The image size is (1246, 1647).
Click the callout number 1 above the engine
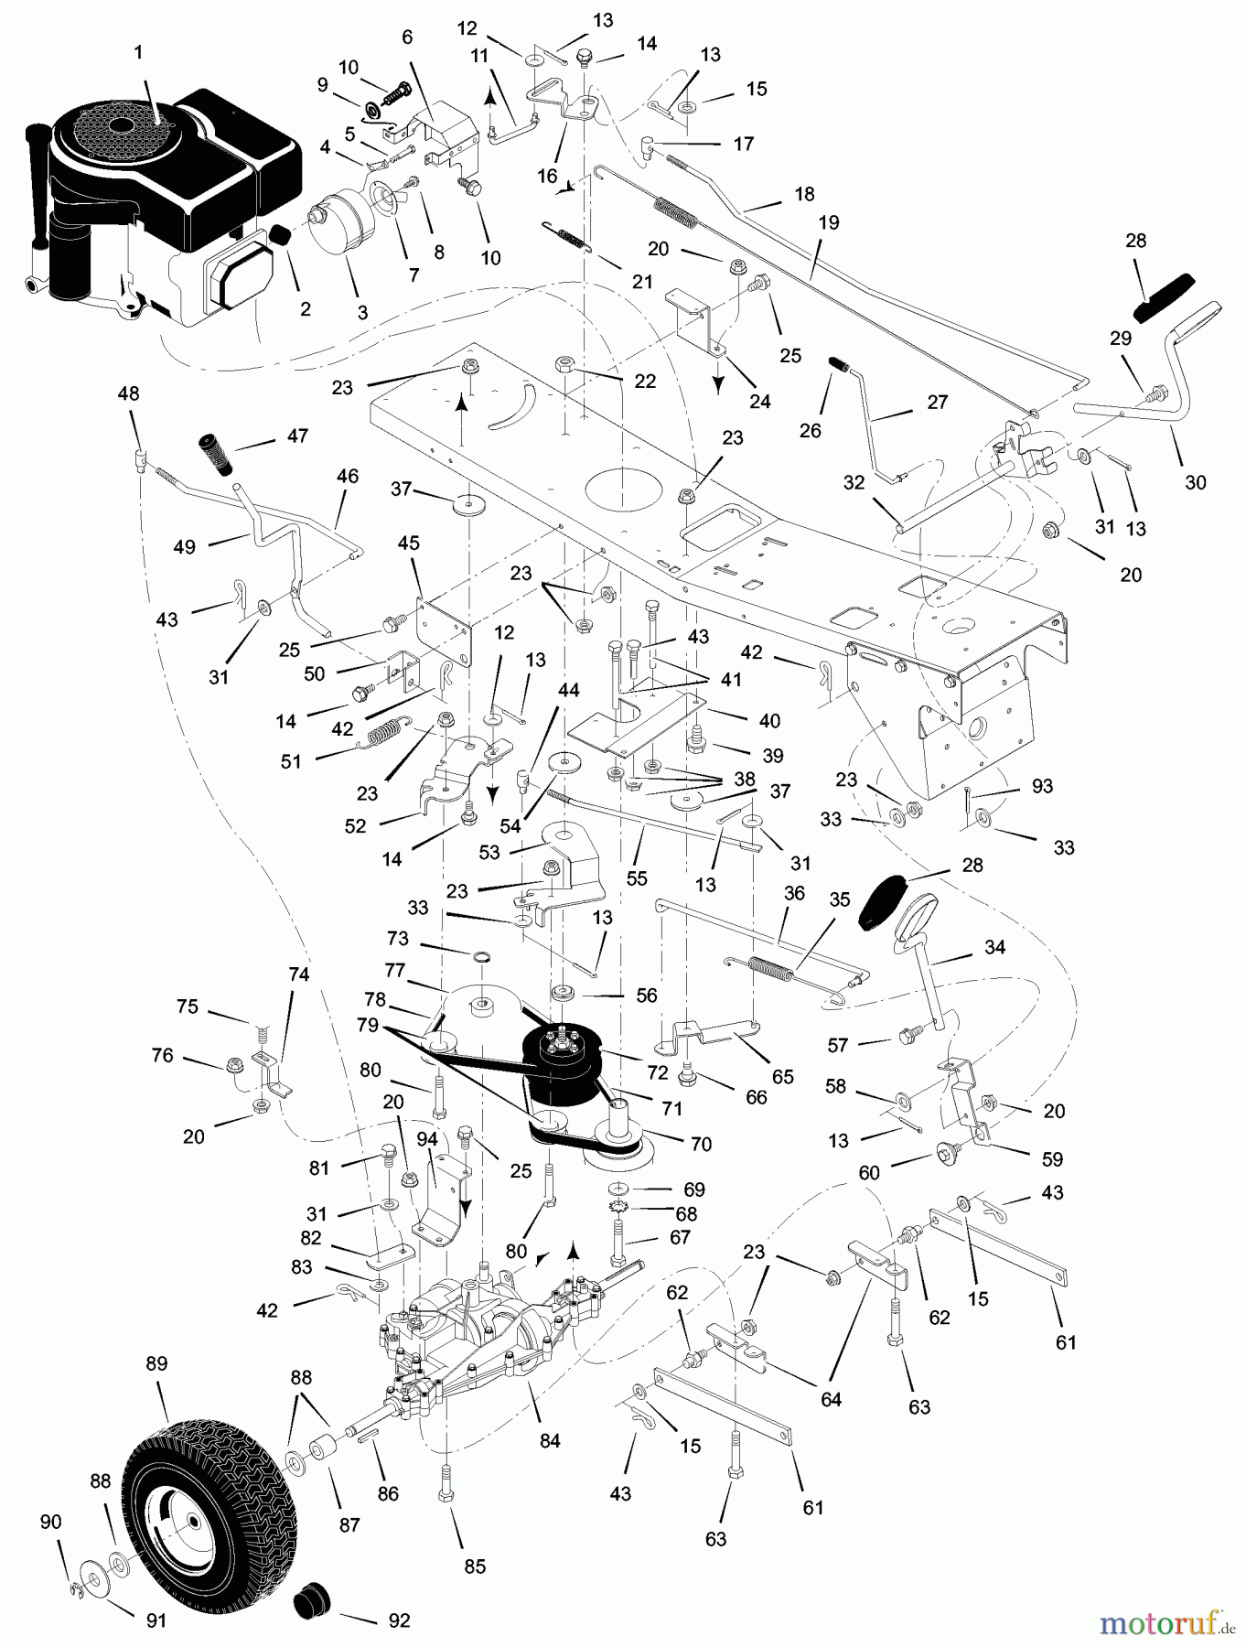[x=138, y=53]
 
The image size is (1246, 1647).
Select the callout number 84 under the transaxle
[x=549, y=1441]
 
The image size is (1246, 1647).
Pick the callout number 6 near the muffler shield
[x=407, y=37]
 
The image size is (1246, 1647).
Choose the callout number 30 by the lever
[x=1195, y=482]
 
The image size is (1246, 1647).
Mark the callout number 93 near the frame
[x=1041, y=785]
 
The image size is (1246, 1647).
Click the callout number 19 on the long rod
[x=829, y=222]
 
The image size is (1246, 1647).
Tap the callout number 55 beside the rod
[x=637, y=877]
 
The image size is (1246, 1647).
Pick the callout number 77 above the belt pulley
[x=420, y=969]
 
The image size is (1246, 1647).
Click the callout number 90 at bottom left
[x=50, y=1522]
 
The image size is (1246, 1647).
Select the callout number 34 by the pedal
[x=994, y=947]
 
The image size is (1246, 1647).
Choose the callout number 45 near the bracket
[x=408, y=543]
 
